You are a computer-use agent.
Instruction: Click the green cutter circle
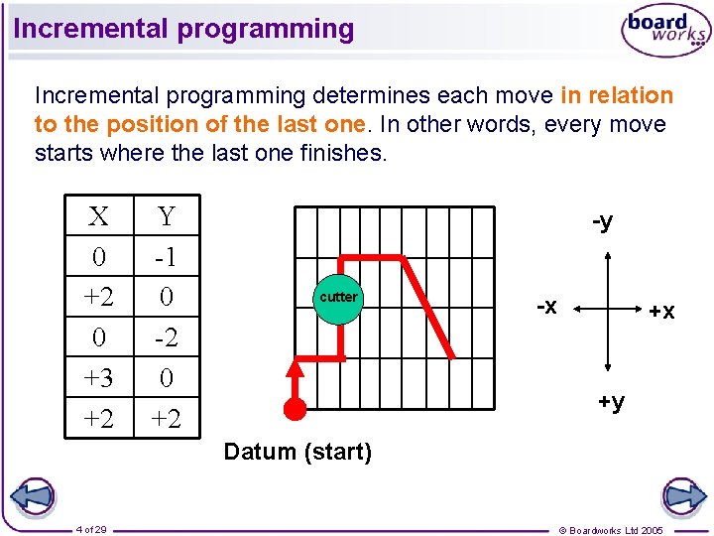(x=338, y=297)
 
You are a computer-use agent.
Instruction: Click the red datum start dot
(x=295, y=408)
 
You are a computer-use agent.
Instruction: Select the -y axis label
(x=602, y=220)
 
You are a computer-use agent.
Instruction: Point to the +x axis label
(x=661, y=311)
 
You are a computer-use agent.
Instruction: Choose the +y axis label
(x=610, y=401)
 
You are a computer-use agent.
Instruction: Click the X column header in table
(x=98, y=216)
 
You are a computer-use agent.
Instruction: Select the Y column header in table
(x=166, y=216)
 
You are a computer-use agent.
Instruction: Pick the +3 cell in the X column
(x=98, y=378)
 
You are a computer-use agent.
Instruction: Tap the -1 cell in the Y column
(x=166, y=257)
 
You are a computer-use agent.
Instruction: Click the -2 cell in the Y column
(x=166, y=337)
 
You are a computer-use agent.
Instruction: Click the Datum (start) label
(x=297, y=453)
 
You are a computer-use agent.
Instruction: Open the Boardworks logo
(x=664, y=32)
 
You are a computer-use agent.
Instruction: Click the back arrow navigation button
(x=32, y=496)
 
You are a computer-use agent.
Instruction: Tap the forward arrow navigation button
(x=682, y=496)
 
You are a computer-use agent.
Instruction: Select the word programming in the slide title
(x=265, y=29)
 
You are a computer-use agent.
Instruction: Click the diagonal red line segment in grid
(x=428, y=308)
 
